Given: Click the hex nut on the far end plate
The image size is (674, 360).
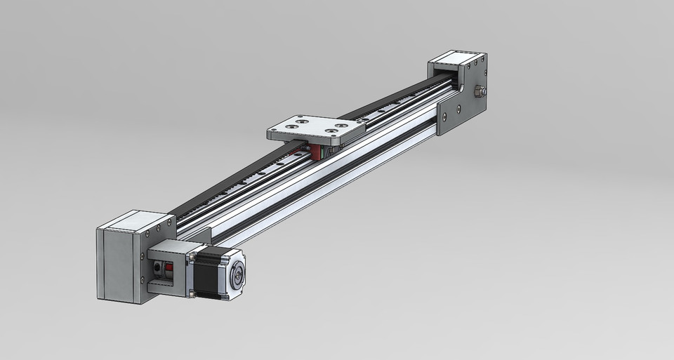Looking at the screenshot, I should click(480, 91).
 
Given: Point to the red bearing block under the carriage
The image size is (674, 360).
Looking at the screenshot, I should click(317, 151).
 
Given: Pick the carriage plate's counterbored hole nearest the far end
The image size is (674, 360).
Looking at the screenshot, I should click(343, 126).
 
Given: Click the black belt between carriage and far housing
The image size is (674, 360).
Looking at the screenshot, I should click(393, 105).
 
